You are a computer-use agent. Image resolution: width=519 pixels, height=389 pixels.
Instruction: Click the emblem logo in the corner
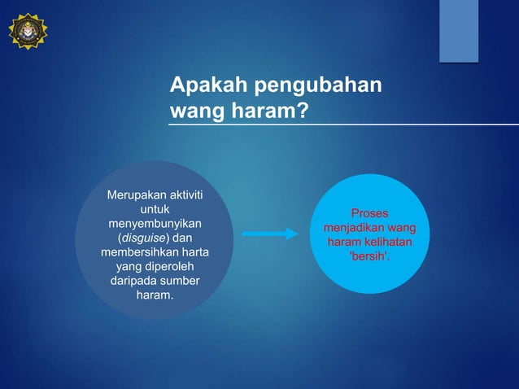[x=28, y=31]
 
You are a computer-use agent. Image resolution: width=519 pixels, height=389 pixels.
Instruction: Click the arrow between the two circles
[x=270, y=234]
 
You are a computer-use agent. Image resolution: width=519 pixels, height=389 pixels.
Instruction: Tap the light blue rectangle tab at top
[x=459, y=30]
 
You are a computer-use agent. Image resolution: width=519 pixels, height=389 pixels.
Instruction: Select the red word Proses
[x=369, y=213]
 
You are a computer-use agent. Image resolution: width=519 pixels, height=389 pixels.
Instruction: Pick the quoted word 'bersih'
[x=369, y=257]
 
